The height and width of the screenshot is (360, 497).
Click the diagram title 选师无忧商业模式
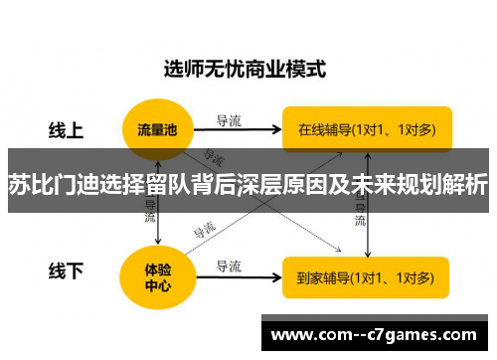tap(245, 70)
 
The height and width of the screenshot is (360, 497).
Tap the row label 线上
tap(67, 128)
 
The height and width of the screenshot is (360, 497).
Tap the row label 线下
tap(67, 270)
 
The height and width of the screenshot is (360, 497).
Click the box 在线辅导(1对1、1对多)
tap(366, 128)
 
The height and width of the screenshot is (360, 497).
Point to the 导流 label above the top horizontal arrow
tap(228, 120)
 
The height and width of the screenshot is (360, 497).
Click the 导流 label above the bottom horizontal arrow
tap(228, 266)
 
